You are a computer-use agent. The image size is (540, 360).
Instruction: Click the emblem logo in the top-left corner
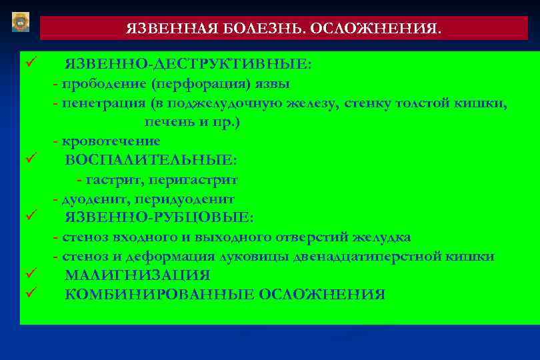[21, 21]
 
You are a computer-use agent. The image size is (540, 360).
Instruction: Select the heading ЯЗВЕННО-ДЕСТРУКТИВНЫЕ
[187, 64]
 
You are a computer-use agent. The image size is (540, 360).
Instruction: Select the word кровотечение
[111, 141]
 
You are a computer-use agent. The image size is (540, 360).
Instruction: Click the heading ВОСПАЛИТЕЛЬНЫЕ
[151, 161]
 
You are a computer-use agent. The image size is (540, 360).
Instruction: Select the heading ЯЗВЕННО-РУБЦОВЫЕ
[159, 217]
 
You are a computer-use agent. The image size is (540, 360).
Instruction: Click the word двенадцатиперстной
[384, 257]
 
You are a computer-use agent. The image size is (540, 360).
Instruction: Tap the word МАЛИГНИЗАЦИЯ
[137, 275]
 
